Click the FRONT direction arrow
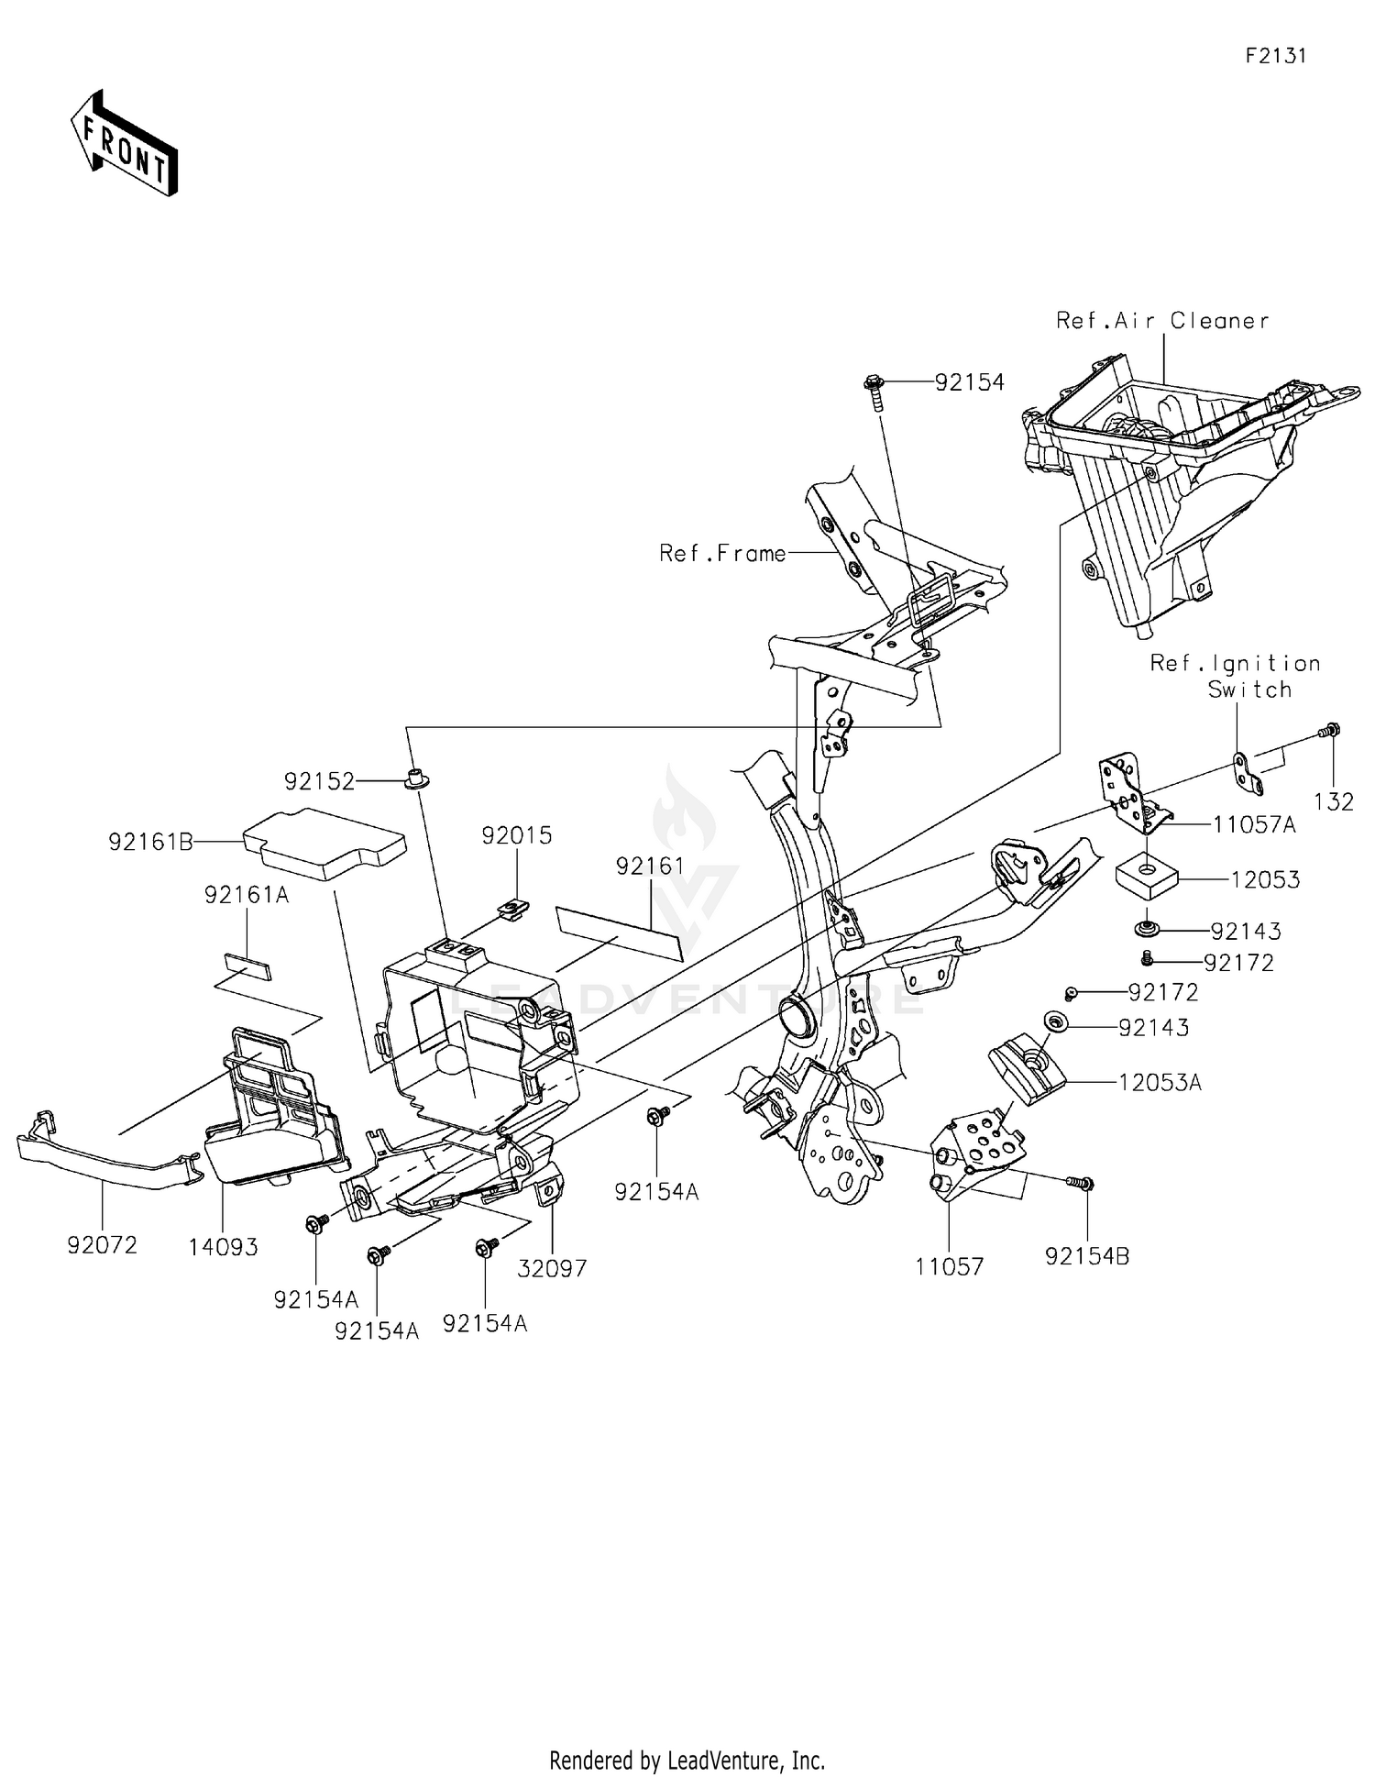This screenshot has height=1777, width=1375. (124, 144)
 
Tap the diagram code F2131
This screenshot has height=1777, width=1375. (1275, 56)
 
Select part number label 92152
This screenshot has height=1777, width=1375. (318, 781)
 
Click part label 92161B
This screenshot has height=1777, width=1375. (150, 841)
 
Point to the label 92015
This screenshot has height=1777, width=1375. (517, 835)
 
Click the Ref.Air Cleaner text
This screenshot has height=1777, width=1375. (1162, 321)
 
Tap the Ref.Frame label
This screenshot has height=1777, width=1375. (722, 554)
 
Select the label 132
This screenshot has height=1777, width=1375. (1333, 801)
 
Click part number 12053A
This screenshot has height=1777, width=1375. (1160, 1082)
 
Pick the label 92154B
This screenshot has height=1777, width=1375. (1087, 1256)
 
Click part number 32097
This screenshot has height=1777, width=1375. (552, 1268)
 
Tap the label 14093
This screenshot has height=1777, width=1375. (224, 1247)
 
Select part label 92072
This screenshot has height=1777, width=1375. (102, 1245)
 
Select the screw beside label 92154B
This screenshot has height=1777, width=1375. (1079, 1184)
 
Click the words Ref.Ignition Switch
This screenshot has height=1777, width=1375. (1235, 676)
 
